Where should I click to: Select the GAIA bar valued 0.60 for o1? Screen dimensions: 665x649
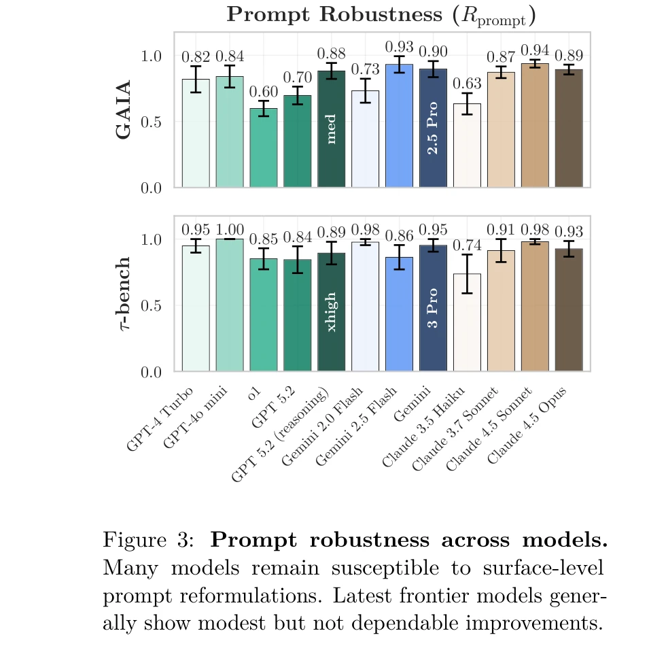point(263,148)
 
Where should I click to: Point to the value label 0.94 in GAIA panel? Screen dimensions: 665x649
point(535,50)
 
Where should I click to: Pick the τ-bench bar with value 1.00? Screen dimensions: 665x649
point(230,306)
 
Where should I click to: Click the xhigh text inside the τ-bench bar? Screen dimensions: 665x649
point(332,312)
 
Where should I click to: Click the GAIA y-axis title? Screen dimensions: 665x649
point(123,109)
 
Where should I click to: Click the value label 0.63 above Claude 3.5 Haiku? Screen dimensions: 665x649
point(467,84)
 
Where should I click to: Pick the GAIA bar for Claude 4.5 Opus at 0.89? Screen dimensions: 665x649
point(569,129)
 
